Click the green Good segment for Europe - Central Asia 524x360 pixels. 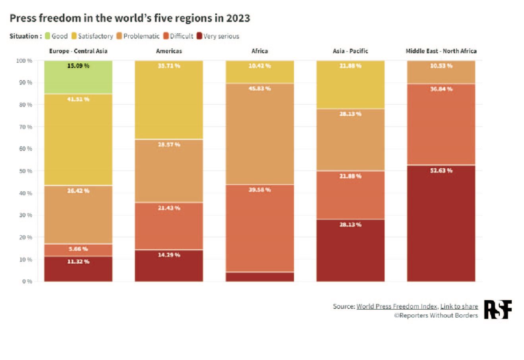tap(78, 77)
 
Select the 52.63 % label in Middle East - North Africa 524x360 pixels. tap(441, 171)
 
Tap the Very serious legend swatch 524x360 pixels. tap(200, 36)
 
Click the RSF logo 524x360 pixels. tap(498, 310)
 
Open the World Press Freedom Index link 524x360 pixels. tap(397, 306)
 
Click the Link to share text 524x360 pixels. tap(459, 306)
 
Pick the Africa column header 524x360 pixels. tap(259, 51)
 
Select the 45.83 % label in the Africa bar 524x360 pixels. tap(259, 89)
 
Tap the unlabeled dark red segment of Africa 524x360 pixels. tap(259, 277)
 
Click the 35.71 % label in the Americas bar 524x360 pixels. tap(169, 65)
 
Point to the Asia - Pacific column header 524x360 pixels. tap(350, 51)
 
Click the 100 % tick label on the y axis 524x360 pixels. tap(24, 61)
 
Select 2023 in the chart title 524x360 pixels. tap(238, 18)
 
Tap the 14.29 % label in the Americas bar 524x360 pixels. tap(169, 255)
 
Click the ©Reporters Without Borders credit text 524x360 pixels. tap(436, 316)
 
